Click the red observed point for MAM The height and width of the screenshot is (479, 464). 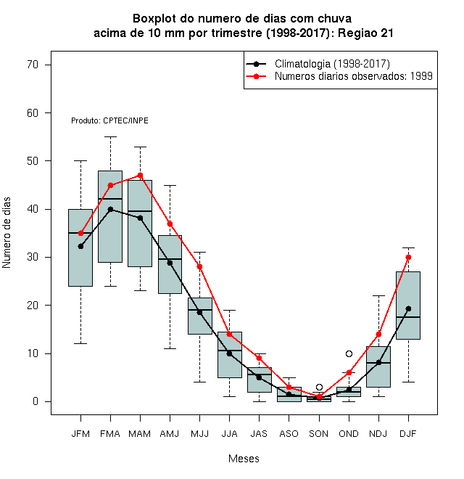[140, 176]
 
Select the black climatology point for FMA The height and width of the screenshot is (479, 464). [110, 209]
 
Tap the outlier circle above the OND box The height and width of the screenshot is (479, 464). [349, 353]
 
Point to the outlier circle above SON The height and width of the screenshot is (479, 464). [319, 387]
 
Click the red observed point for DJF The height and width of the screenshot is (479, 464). [408, 257]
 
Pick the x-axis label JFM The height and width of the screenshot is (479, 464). [80, 434]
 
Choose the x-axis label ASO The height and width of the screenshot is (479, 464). [289, 434]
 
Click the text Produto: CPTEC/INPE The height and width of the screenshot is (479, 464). [109, 120]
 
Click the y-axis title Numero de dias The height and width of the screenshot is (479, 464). [7, 233]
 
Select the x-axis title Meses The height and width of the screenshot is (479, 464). [244, 459]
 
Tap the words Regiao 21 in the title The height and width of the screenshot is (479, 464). [365, 33]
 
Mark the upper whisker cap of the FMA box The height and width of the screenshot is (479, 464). [110, 137]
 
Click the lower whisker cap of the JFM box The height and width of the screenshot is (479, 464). [80, 344]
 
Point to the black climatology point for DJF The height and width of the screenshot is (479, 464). [408, 309]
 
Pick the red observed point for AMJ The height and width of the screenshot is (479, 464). [170, 224]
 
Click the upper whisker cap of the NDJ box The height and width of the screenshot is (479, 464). [378, 295]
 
